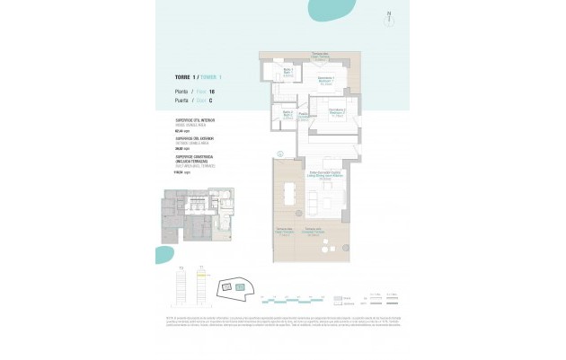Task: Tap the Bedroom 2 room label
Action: click(x=337, y=113)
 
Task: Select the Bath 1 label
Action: click(x=289, y=72)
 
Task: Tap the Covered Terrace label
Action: click(x=314, y=234)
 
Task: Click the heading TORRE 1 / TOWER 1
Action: click(x=197, y=79)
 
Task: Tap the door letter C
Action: click(x=210, y=101)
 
